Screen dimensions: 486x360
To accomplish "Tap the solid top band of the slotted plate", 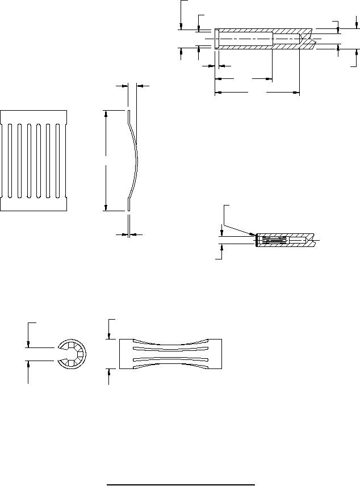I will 34,115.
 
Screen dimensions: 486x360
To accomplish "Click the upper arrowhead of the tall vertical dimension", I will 106,114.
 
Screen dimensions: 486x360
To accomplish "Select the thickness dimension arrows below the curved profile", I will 129,234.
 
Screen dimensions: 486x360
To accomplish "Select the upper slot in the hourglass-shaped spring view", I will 170,349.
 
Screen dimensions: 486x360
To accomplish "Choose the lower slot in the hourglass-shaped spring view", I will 170,361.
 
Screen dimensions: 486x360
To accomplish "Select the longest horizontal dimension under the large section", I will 257,91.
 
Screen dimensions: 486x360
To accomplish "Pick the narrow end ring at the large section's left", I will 217,39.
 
